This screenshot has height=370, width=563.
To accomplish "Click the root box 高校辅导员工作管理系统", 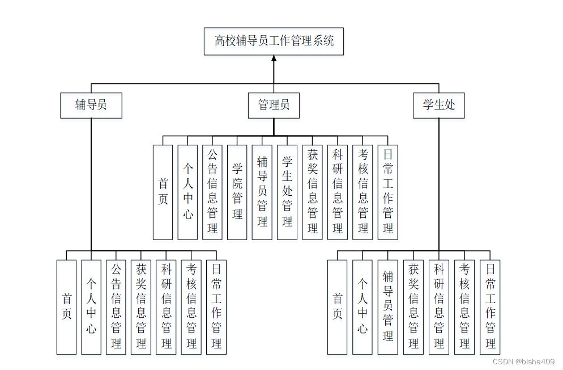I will pos(274,41).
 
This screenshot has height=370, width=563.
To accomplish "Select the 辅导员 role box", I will pos(91,105).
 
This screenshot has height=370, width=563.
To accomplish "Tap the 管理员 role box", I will pos(274,105).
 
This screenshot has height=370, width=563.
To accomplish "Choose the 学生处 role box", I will pos(439,105).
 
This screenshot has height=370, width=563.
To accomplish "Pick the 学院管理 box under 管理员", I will pos(237,192).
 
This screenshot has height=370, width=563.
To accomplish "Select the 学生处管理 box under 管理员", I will pos(287,192).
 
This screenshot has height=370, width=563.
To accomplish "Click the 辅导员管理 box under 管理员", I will pos(262,192).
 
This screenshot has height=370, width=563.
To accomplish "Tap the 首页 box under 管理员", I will pos(163,192).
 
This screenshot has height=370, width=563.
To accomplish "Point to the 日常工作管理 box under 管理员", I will pos(388,192).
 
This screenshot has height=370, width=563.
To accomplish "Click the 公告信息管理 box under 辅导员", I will pos(116,307).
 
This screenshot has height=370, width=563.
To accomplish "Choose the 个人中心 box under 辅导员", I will pos(91,307).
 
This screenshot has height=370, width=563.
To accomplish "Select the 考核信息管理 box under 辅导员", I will pos(191,307).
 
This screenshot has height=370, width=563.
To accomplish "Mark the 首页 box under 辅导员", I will pos(66,307).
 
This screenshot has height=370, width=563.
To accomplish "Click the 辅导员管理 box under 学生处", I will pos(388,307).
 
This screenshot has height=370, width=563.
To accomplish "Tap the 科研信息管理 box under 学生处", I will pos(439,307).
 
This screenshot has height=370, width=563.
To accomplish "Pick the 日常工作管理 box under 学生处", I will pos(491,307).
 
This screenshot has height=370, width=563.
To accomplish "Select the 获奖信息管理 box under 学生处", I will pos(413,307).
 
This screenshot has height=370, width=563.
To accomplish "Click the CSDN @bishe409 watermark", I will pos(524,361).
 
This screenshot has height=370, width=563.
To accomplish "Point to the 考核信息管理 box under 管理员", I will pos(363,192).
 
